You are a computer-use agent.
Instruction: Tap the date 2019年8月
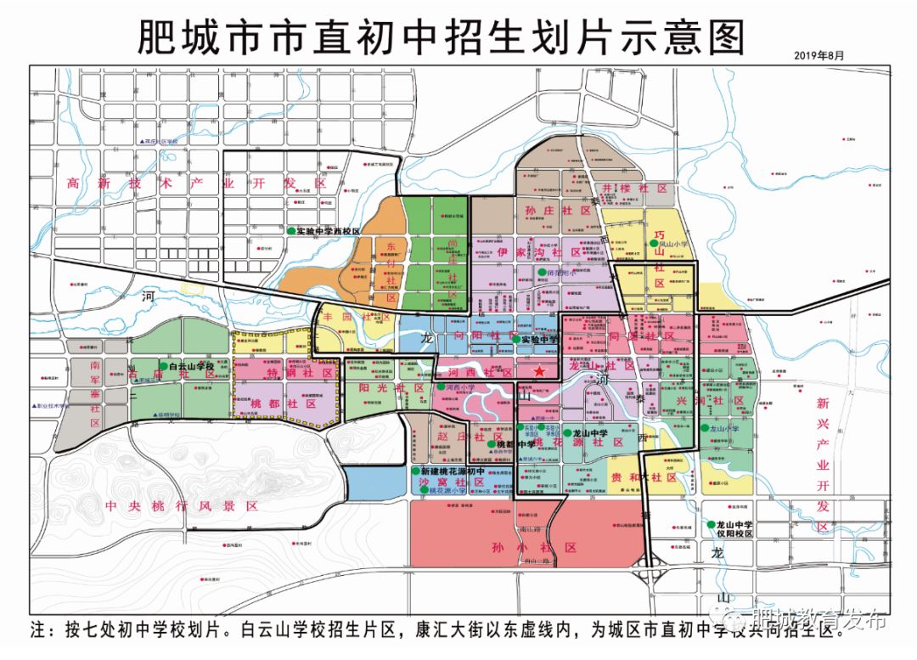(819, 55)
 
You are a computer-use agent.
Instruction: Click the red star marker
(537, 372)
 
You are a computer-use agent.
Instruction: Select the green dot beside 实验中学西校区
(290, 231)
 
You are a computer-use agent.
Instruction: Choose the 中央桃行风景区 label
(181, 505)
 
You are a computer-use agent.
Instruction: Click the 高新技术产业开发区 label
(197, 183)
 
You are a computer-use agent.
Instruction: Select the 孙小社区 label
(533, 548)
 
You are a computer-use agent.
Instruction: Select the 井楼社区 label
(635, 188)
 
